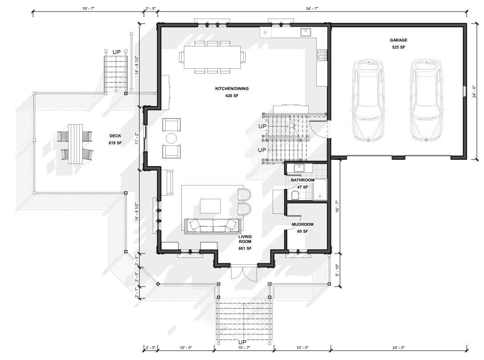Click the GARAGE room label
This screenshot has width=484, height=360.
pyautogui.click(x=398, y=40)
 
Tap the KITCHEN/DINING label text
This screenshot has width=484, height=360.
pyautogui.click(x=232, y=89)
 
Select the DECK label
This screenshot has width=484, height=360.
pyautogui.click(x=115, y=136)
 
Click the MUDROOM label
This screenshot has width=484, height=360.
pyautogui.click(x=302, y=225)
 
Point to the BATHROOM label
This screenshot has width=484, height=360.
pyautogui.click(x=302, y=180)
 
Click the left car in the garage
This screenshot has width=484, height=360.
pyautogui.click(x=368, y=101)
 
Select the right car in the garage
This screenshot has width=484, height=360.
pyautogui.click(x=426, y=101)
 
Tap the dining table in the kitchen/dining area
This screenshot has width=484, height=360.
pyautogui.click(x=212, y=57)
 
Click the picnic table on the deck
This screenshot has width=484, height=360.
pyautogui.click(x=75, y=144)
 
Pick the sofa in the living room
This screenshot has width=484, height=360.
pyautogui.click(x=213, y=226)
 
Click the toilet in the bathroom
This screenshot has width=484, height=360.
pyautogui.click(x=295, y=195)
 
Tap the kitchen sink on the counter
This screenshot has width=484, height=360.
pyautogui.click(x=305, y=32)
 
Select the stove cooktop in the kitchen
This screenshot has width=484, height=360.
pyautogui.click(x=322, y=55)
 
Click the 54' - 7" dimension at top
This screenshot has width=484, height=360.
pyautogui.click(x=312, y=8)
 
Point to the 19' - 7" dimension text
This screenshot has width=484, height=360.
pyautogui.click(x=88, y=8)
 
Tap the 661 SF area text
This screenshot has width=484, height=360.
pyautogui.click(x=245, y=248)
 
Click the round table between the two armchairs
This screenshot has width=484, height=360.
pyautogui.click(x=171, y=138)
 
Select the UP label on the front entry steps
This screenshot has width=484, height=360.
pyautogui.click(x=242, y=342)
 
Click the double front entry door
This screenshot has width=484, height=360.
pyautogui.click(x=244, y=272)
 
